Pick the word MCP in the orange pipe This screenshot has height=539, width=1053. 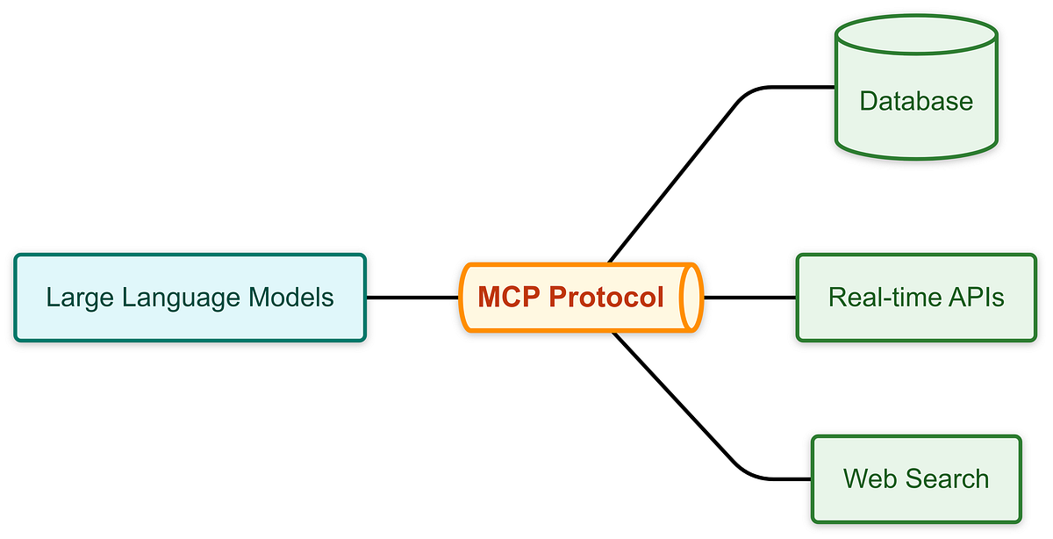(509, 298)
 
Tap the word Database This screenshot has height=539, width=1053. (916, 101)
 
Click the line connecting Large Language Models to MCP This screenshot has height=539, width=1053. (412, 298)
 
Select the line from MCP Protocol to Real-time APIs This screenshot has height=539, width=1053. (750, 298)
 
